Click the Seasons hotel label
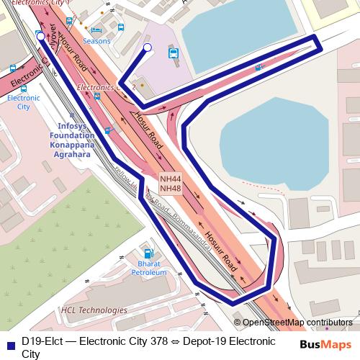96,41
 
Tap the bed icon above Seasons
96,30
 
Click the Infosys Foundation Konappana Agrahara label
76,135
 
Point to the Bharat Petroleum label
148,269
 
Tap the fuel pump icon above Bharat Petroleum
148,253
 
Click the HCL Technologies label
94,310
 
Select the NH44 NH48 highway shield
171,184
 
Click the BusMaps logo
326,345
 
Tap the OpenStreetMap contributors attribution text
298,323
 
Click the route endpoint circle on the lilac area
147,48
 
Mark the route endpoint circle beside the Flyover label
50,37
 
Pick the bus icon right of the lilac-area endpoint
173,53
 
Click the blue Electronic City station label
23,102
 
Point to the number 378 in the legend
158,341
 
